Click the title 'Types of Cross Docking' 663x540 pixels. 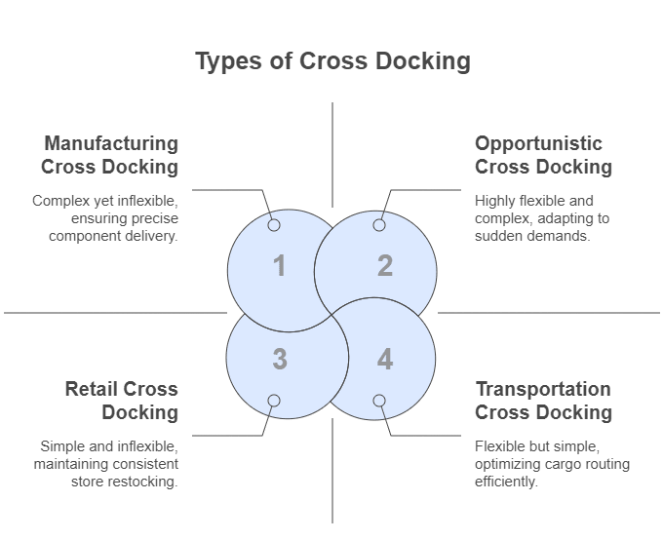(x=331, y=61)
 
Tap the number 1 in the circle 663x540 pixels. (x=280, y=265)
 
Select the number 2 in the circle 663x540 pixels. (x=384, y=265)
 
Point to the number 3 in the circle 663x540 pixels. (x=280, y=360)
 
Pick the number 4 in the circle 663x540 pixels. (x=384, y=360)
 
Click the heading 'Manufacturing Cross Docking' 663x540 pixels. (x=110, y=155)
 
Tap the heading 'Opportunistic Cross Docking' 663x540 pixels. (x=543, y=155)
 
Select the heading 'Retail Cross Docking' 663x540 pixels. (x=122, y=401)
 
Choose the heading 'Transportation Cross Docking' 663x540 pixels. (x=543, y=401)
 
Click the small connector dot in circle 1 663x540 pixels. (x=274, y=225)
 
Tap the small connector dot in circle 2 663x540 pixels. (x=379, y=225)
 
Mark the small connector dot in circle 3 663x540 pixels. (x=274, y=401)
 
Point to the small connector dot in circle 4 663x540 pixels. (x=379, y=401)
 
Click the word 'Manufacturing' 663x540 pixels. (x=110, y=144)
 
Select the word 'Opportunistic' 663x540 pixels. (x=538, y=144)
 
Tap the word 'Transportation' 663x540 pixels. (x=543, y=390)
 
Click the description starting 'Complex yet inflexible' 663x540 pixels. (x=105, y=218)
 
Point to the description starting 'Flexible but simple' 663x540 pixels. (x=539, y=464)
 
